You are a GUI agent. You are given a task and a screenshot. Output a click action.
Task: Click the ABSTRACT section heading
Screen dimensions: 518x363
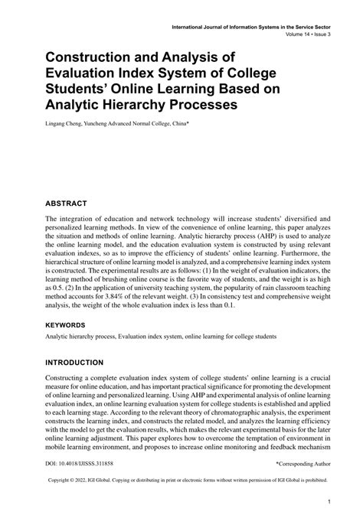tap(65, 204)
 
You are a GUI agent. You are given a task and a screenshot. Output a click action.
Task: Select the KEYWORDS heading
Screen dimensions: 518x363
tap(67, 324)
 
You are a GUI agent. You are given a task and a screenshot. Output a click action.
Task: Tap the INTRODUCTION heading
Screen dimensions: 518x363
tap(74, 362)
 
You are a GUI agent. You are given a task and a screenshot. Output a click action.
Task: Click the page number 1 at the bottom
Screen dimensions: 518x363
tap(328, 503)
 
